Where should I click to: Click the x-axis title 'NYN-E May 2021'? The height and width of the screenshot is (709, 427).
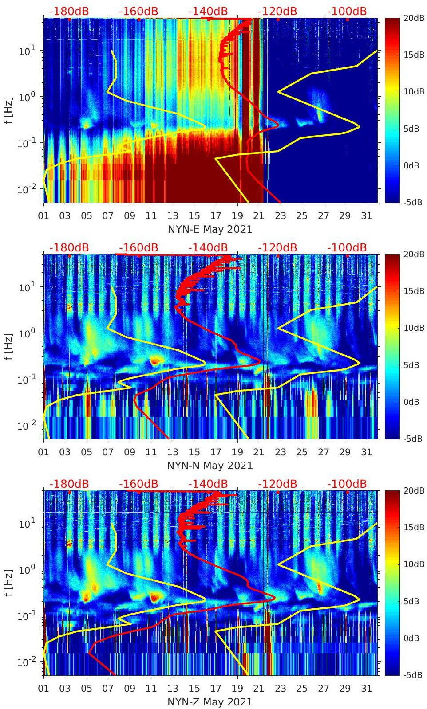click(210, 229)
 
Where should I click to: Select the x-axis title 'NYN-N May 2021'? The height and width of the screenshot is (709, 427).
click(210, 466)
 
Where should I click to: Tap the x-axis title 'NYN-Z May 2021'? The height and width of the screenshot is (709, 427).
click(210, 702)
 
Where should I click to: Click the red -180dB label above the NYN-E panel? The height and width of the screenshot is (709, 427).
click(69, 11)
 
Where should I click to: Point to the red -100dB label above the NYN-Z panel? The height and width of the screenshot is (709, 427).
click(347, 484)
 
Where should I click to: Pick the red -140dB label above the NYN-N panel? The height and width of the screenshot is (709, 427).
click(208, 247)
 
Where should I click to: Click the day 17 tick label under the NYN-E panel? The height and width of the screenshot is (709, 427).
click(216, 216)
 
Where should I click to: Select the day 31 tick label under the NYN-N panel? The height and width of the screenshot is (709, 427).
click(366, 452)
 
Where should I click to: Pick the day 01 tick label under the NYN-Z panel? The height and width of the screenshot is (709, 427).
click(43, 689)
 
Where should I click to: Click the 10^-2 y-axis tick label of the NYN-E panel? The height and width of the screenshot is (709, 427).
click(26, 189)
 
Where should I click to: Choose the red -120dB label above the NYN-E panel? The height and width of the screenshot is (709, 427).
click(277, 11)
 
